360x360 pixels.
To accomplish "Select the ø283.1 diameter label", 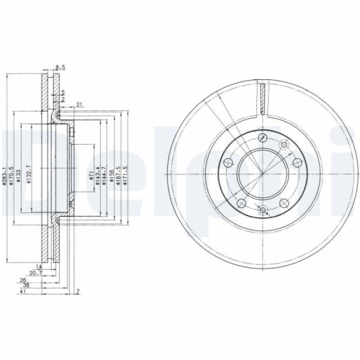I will (4, 176).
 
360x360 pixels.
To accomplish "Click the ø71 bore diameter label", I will (91, 177).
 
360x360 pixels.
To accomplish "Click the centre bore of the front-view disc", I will (262, 173).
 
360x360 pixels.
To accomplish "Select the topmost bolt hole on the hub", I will (262, 137).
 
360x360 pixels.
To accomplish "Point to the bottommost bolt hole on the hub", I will (262, 209).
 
